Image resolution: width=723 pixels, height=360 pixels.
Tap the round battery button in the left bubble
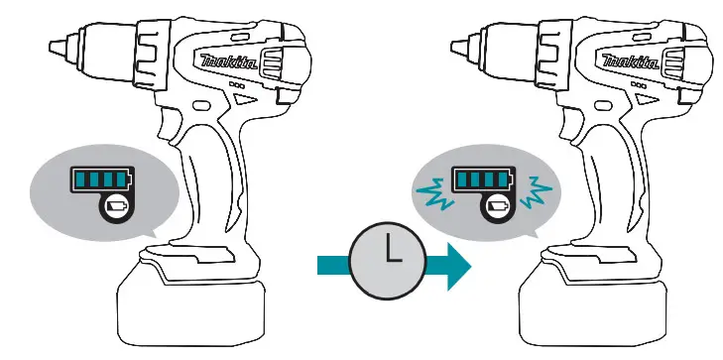click(x=117, y=207)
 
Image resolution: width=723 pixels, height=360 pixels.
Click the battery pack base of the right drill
click(x=593, y=305)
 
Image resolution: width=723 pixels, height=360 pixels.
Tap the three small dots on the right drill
click(x=641, y=86)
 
